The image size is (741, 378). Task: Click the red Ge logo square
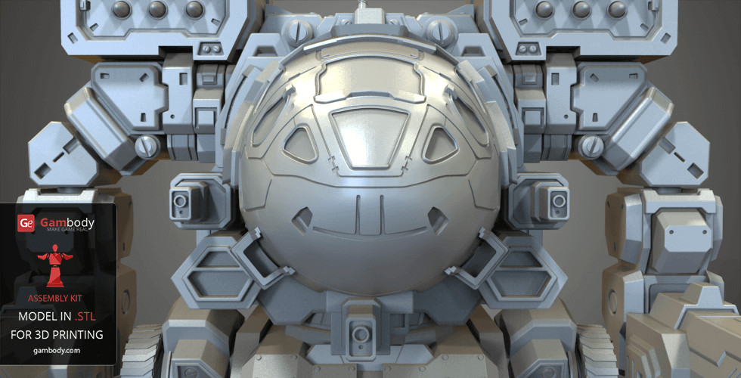pos(26,224)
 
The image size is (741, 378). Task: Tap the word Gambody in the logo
pos(67,222)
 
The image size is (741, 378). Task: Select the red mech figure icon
pos(55,265)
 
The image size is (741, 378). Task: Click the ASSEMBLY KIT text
pos(54,298)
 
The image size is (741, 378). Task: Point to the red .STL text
pos(85,316)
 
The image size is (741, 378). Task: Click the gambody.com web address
pos(57,350)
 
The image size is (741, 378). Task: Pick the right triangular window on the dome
pos(439,144)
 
